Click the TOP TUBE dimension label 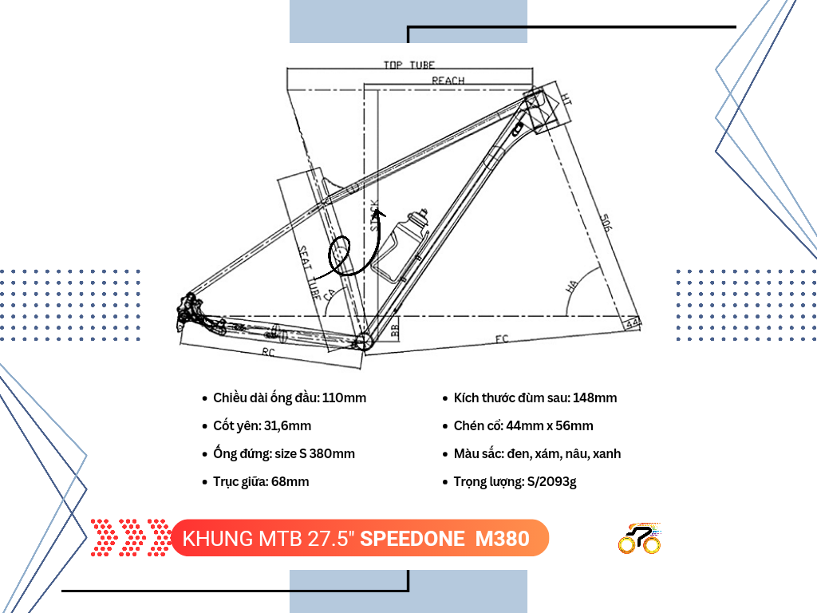click(x=408, y=65)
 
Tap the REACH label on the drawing click(x=448, y=81)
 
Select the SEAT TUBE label click(x=310, y=271)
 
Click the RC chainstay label click(x=270, y=350)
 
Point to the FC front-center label click(x=501, y=339)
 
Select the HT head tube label click(x=565, y=99)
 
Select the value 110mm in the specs click(x=345, y=397)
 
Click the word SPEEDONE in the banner click(x=412, y=539)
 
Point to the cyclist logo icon click(x=639, y=539)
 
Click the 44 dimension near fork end click(x=633, y=323)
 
